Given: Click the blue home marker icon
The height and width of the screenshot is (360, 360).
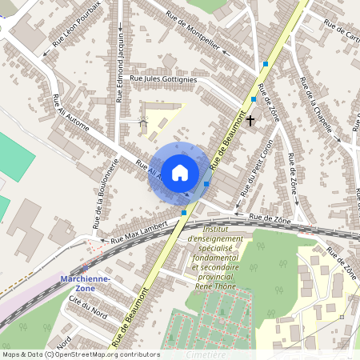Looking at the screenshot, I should [180, 172].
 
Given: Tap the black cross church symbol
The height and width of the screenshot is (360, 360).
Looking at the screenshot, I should [250, 121].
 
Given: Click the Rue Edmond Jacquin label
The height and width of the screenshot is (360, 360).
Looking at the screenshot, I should [120, 67].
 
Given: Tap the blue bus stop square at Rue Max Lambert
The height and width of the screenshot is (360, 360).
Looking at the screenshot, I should [185, 213].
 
